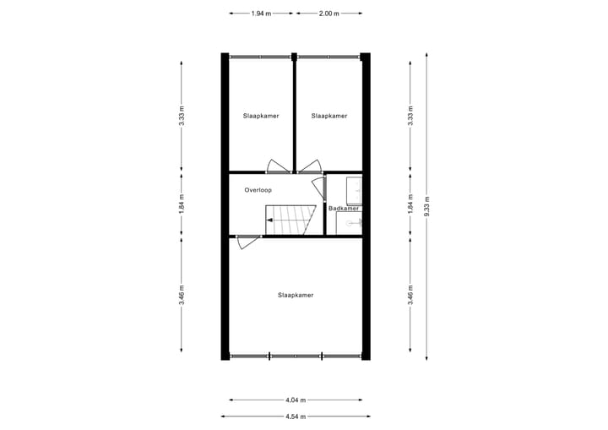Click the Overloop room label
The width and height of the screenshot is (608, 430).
click(x=258, y=190)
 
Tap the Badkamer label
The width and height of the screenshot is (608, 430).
click(x=344, y=208)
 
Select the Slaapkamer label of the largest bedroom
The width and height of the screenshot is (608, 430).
click(x=296, y=295)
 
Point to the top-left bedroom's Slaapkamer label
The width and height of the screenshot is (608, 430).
click(x=261, y=116)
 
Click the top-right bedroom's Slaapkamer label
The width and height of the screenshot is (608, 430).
click(x=328, y=116)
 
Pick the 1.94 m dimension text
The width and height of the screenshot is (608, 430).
click(x=261, y=14)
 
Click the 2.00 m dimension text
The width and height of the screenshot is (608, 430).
click(x=328, y=14)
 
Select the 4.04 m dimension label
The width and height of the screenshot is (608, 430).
click(x=296, y=400)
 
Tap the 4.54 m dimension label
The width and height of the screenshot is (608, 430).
click(x=296, y=416)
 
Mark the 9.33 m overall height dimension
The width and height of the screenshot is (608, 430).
click(x=427, y=207)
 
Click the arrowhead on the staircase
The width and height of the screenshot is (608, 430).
click(x=269, y=220)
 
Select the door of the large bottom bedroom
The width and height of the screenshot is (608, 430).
click(x=246, y=243)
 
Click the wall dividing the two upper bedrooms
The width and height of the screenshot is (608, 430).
click(x=294, y=114)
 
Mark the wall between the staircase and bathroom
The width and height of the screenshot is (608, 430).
click(x=326, y=207)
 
